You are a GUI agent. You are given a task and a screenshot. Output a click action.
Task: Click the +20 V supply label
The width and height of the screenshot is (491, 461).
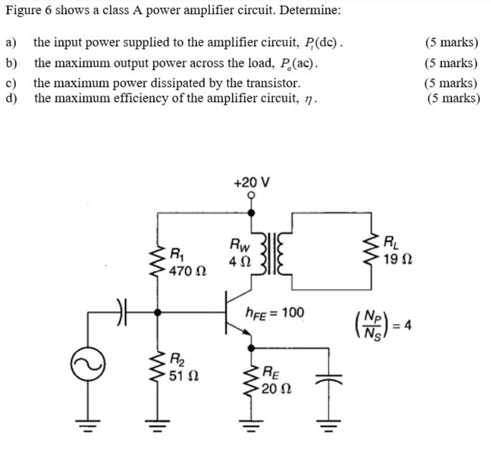coord(251,182)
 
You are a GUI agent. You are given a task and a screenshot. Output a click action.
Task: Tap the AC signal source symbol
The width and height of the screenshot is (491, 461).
coord(88,364)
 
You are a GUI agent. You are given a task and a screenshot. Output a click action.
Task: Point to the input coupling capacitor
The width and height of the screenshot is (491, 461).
coord(121,312)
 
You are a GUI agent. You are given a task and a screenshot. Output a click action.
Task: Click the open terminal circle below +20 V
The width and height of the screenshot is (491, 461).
coord(251,197)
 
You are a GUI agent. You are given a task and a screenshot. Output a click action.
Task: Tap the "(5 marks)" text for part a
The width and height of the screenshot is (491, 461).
coord(451,43)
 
